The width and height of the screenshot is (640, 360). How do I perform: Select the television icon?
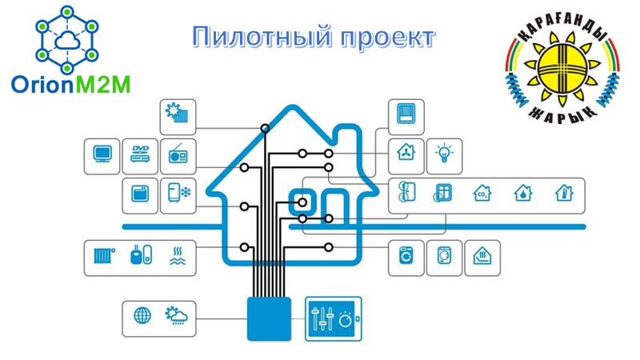[102, 154]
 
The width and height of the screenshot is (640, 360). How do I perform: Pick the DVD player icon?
[141, 154]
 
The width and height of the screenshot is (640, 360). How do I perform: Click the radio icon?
[178, 155]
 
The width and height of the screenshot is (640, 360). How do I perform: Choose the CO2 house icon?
[482, 193]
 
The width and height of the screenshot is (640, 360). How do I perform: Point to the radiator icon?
[103, 256]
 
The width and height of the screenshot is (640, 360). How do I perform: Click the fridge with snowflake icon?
[178, 193]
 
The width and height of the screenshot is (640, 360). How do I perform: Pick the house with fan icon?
[405, 152]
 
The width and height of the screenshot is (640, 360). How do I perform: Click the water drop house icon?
[522, 193]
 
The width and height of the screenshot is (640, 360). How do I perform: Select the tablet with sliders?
[334, 318]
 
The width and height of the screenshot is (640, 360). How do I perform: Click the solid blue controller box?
[269, 318]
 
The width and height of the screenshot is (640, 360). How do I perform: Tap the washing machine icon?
[406, 256]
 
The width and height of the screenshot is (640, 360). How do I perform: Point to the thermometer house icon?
[563, 193]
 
